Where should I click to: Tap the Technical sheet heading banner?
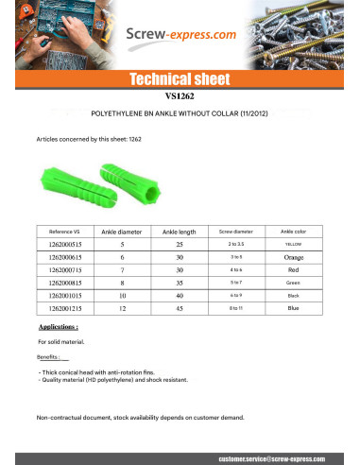[x=179, y=78]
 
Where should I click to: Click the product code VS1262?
[x=179, y=95]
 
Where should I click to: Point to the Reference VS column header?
[x=65, y=232]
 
